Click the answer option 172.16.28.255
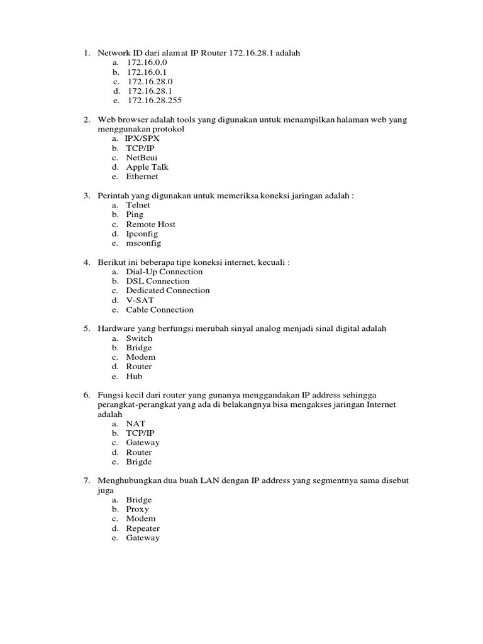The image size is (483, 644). pyautogui.click(x=154, y=101)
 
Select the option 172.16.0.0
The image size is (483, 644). pyautogui.click(x=147, y=63)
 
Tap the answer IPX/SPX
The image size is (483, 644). pyautogui.click(x=143, y=138)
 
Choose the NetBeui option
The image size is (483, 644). pyautogui.click(x=142, y=158)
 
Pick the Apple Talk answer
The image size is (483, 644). pyautogui.click(x=147, y=167)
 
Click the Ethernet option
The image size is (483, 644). pyautogui.click(x=142, y=177)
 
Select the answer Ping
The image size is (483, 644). pyautogui.click(x=135, y=214)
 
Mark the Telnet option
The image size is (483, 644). pyautogui.click(x=138, y=205)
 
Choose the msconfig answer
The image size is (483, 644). pyautogui.click(x=143, y=243)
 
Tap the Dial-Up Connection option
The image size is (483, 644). pyautogui.click(x=164, y=272)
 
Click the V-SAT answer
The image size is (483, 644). pyautogui.click(x=140, y=300)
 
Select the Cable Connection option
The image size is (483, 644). pyautogui.click(x=160, y=309)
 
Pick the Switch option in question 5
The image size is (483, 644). pyautogui.click(x=139, y=338)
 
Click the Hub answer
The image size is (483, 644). pyautogui.click(x=134, y=376)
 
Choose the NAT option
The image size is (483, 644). pyautogui.click(x=135, y=424)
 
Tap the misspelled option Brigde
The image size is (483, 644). pyautogui.click(x=139, y=462)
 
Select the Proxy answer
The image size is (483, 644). pyautogui.click(x=138, y=509)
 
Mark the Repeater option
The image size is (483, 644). pyautogui.click(x=143, y=528)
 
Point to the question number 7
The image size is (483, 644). pyautogui.click(x=87, y=481)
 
